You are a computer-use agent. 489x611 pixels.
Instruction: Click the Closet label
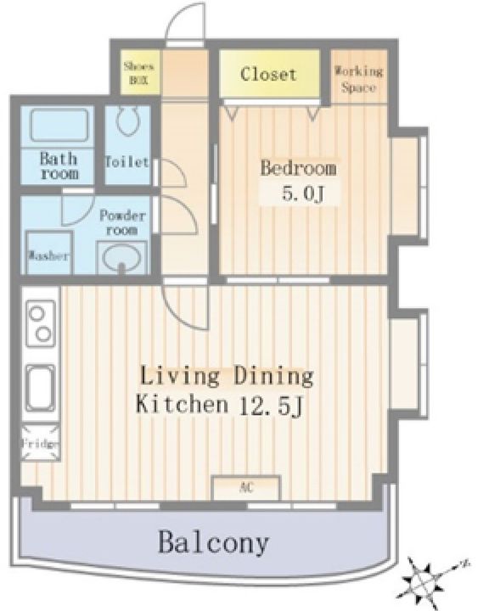pos(268,74)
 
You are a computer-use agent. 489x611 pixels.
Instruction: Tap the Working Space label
pos(359,80)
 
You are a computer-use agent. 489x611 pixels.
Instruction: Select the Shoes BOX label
pos(139,73)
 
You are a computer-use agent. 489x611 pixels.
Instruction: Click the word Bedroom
pos(299,168)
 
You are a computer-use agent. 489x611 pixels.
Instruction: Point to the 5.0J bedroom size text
pos(303,193)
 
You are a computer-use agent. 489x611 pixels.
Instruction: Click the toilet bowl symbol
pos(127,120)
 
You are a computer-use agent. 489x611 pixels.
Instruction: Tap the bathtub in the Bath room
pos(59,125)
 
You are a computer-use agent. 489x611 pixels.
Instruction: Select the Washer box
pos(49,253)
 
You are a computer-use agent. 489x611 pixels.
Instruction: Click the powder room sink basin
pos(121,258)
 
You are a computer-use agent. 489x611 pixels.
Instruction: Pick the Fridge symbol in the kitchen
pos(41,443)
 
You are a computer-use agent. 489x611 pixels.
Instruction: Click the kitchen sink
pos(41,388)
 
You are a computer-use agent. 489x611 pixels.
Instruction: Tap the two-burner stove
pos(41,323)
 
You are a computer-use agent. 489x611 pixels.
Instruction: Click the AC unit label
pos(246,487)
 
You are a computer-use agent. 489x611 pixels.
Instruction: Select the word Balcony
pos(214,542)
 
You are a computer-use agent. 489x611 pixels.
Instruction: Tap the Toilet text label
pos(127,162)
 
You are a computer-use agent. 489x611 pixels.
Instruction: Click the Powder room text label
pos(122,222)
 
